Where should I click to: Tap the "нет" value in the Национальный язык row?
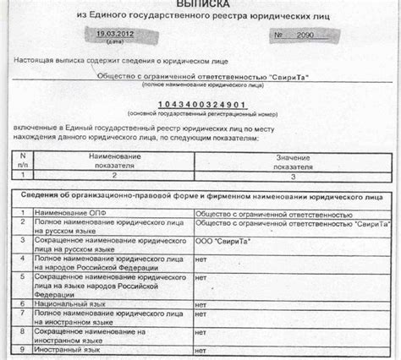coord(201,301)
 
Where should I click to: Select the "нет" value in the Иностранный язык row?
coord(201,348)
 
